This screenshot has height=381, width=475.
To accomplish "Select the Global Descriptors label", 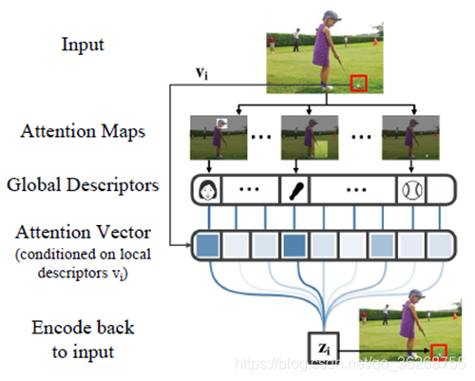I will (85, 184).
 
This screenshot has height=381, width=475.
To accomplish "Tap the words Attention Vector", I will (85, 229).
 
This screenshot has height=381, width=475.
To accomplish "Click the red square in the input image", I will (358, 84).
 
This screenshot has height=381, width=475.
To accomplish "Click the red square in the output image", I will (436, 354).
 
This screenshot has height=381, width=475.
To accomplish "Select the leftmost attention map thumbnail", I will (216, 137).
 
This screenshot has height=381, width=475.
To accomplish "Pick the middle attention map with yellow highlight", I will (308, 137).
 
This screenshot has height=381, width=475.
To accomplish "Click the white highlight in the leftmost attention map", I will (221, 124).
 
